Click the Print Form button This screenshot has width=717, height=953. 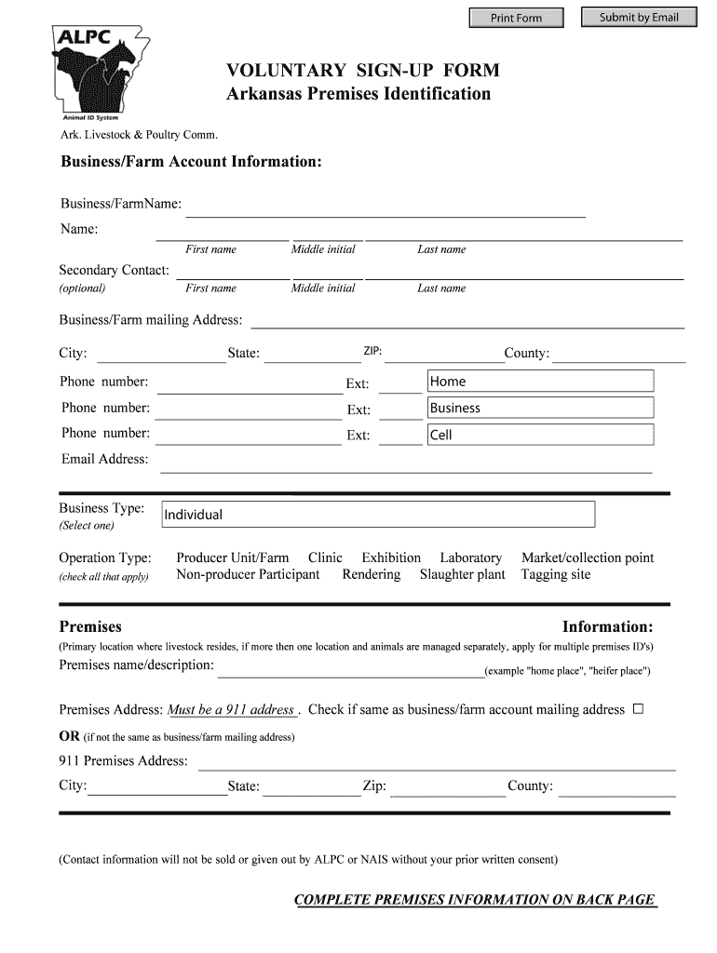coord(516,18)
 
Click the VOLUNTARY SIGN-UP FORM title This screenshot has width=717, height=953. coord(363,71)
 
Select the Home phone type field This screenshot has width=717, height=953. coord(540,382)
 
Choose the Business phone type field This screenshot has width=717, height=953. coord(540,408)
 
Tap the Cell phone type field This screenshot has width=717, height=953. coord(540,435)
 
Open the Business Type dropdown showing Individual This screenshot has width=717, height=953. coord(377,515)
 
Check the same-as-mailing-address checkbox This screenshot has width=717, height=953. coord(638,709)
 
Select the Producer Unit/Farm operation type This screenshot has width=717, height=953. coord(233,557)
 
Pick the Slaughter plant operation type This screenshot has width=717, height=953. coord(462,574)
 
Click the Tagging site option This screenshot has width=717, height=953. coord(555,574)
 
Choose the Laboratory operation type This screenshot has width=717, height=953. coord(470,557)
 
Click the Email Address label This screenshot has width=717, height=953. coord(104,459)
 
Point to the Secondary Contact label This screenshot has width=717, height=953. coord(114,270)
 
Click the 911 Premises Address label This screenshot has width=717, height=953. coord(123,760)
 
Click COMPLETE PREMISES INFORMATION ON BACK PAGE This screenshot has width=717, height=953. coord(475,900)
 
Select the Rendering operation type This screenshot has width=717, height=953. coord(371,574)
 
